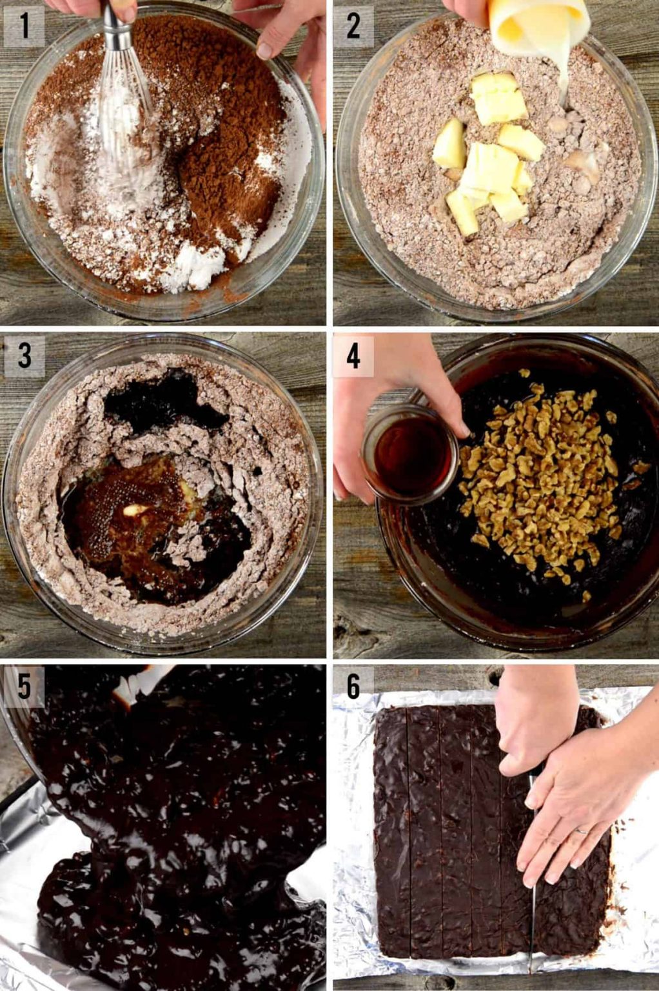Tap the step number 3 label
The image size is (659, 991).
tap(24, 355)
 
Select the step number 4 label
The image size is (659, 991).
tap(353, 355)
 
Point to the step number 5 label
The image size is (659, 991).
tap(24, 686)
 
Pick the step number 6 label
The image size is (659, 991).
tap(353, 686)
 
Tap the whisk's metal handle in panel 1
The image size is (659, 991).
tap(115, 19)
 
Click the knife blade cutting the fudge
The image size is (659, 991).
tap(533, 916)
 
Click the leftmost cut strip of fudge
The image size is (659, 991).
tap(391, 832)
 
